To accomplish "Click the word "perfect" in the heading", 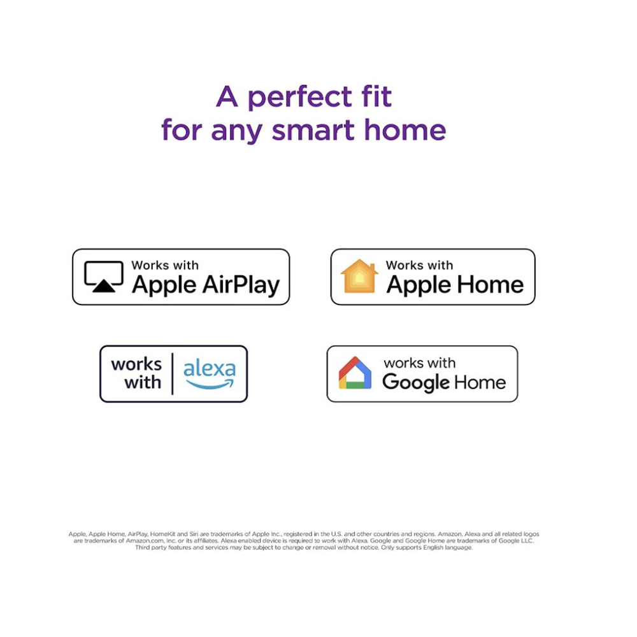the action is tap(300, 98).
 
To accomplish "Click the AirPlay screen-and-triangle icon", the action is tap(104, 276).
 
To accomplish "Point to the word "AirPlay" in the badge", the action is tap(241, 285).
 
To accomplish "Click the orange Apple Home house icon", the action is tap(359, 276).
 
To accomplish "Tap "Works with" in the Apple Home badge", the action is tap(419, 265).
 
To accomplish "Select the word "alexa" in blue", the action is tap(210, 368).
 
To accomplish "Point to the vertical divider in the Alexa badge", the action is tap(173, 374).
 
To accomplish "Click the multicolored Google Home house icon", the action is tap(355, 373).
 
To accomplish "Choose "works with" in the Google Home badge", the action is tap(420, 363).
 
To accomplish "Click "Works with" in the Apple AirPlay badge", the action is tap(165, 265).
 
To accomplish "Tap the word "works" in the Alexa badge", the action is tap(136, 364).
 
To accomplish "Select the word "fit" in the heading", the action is tap(376, 96).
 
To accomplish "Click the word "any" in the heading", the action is tap(236, 131).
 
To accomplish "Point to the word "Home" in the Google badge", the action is tap(480, 382).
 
